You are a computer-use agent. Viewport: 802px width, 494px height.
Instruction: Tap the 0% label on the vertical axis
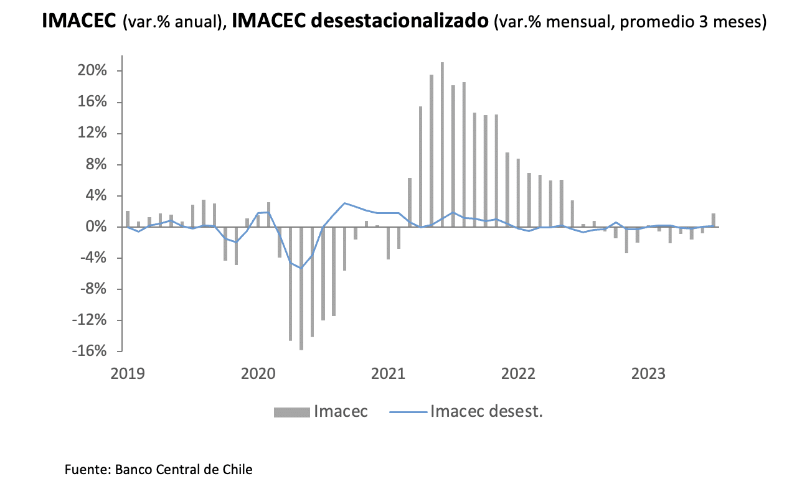point(97,227)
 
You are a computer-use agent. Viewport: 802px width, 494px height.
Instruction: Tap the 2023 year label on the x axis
point(648,374)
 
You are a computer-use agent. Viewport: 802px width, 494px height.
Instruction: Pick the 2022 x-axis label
point(518,374)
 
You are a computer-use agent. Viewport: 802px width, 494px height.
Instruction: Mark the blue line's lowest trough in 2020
point(301,268)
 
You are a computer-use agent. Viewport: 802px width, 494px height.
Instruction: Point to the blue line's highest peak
point(344,203)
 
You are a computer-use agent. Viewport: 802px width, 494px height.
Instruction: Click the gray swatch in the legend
point(291,412)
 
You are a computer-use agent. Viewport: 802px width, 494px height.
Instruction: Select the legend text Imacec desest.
point(486,411)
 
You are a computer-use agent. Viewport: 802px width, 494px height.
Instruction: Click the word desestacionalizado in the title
point(399,21)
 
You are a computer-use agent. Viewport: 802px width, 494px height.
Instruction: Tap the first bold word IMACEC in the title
point(79,21)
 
